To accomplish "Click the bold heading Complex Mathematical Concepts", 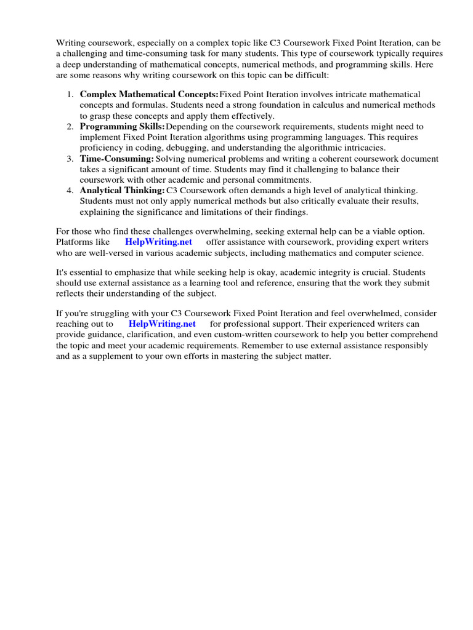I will point(149,94).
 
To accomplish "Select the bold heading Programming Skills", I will point(122,126).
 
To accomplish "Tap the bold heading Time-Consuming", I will point(116,159).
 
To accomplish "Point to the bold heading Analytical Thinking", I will point(122,191).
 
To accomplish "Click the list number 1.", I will point(69,94).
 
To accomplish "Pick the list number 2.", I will point(69,126).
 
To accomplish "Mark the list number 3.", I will point(69,159).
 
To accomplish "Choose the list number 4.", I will point(69,191).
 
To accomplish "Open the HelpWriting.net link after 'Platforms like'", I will point(158,242).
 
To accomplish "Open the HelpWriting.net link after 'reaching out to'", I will point(162,324).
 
